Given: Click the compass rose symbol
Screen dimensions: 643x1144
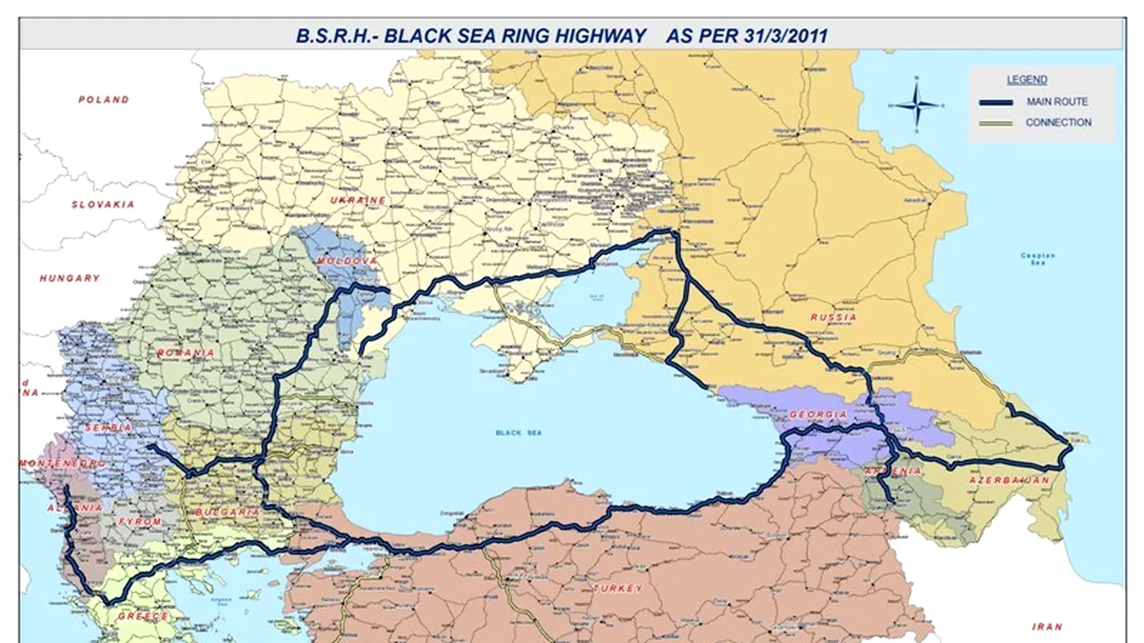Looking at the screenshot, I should [x=917, y=104].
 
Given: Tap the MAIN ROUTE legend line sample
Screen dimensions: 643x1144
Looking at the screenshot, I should [x=996, y=102].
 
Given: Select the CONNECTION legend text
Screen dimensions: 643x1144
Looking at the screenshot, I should [x=1058, y=122].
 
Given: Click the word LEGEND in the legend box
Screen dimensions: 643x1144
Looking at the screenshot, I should [x=1027, y=79].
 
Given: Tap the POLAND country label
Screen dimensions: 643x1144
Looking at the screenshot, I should [x=104, y=99].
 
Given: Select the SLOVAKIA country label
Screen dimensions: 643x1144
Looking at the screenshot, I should [x=103, y=205].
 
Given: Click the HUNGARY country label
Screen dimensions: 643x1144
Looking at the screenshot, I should [x=70, y=279].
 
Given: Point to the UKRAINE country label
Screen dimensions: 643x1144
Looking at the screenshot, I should [x=358, y=200].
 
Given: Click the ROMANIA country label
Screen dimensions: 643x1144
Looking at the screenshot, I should [x=186, y=353].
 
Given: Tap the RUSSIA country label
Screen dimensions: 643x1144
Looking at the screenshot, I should [x=833, y=317].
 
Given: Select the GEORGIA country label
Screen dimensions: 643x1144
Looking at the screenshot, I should [x=818, y=415].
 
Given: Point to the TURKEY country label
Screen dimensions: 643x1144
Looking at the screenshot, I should [x=616, y=589].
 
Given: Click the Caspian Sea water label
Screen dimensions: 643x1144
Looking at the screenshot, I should [x=1038, y=259].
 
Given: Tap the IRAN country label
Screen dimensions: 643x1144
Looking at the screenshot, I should [x=1047, y=627].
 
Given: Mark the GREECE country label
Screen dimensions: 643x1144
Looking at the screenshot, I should [x=143, y=616].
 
